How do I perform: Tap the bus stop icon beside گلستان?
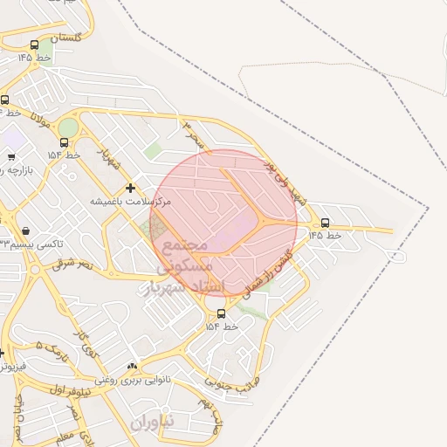pos(34,45)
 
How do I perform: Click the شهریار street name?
pos(107,159)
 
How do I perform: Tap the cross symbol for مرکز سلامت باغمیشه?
pos(130,188)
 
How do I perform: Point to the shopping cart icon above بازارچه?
pos(10,157)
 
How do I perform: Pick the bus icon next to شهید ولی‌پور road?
pos(326,223)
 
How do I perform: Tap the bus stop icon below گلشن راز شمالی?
pos(221,313)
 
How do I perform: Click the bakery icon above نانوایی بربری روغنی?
pos(132,367)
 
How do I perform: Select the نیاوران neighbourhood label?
pos(153,423)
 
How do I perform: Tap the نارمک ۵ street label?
pos(51,352)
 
